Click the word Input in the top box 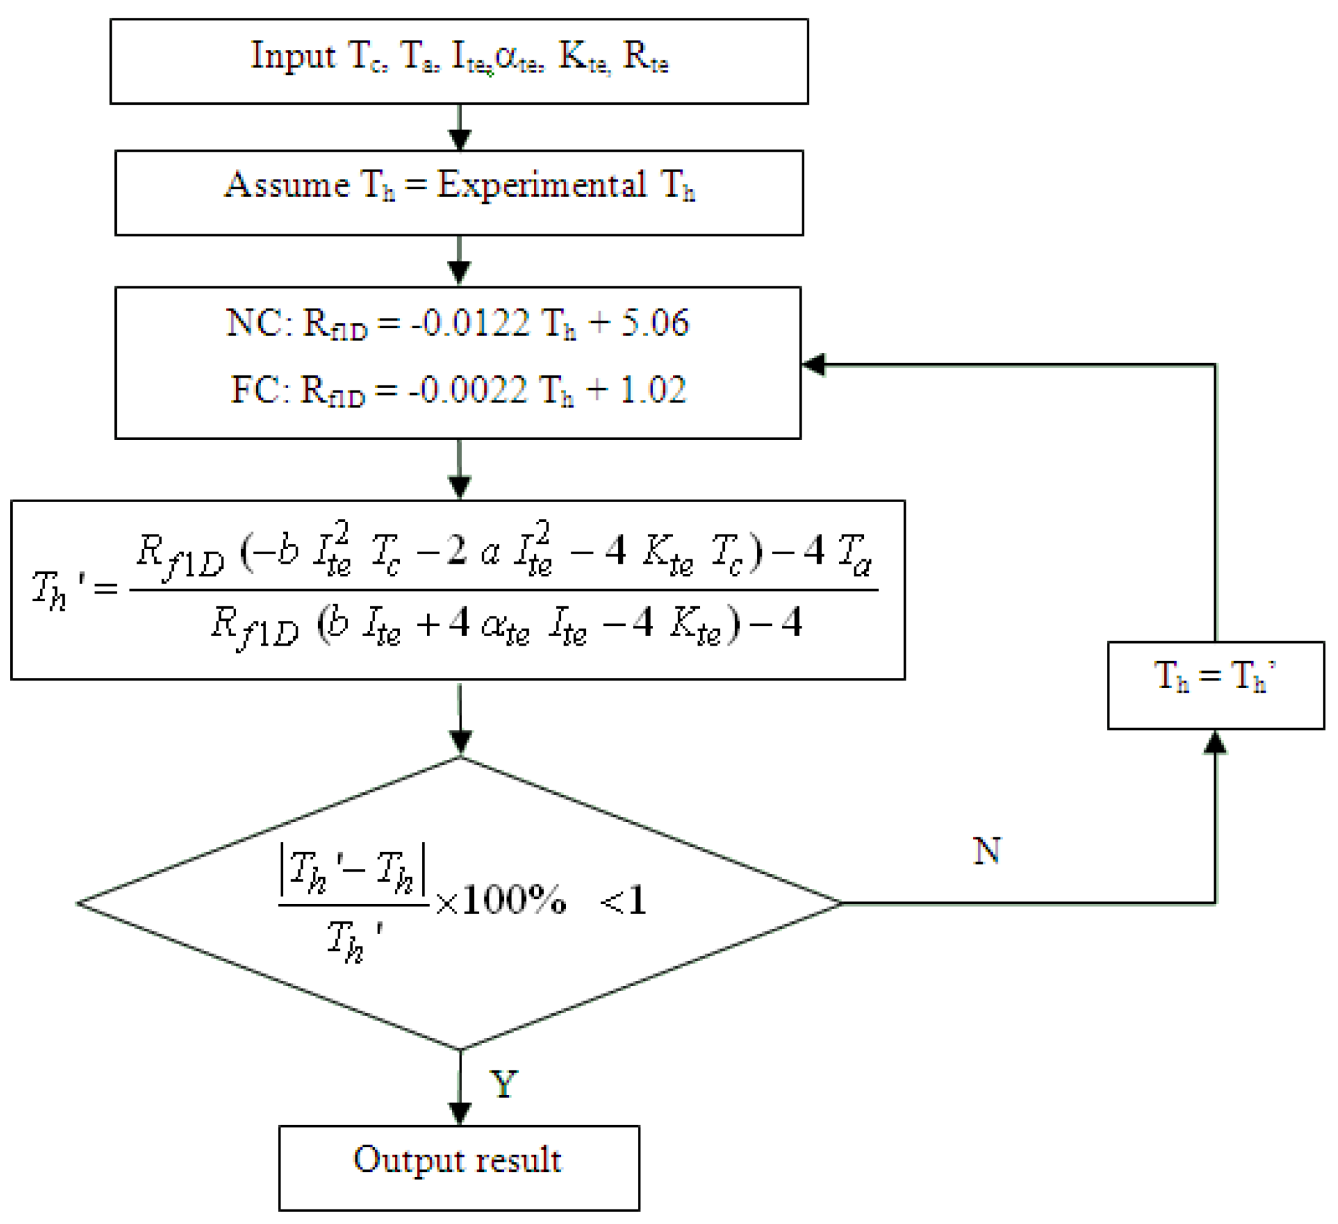click(293, 56)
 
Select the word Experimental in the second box click(541, 185)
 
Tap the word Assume click(287, 185)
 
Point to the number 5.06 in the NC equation click(655, 323)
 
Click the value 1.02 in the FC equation click(652, 390)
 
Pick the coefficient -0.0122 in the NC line click(470, 323)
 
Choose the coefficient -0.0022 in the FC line click(467, 390)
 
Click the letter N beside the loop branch click(986, 851)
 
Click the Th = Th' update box click(1215, 686)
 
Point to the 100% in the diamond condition click(513, 901)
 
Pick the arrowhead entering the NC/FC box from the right click(814, 364)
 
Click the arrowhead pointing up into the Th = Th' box click(1215, 743)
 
